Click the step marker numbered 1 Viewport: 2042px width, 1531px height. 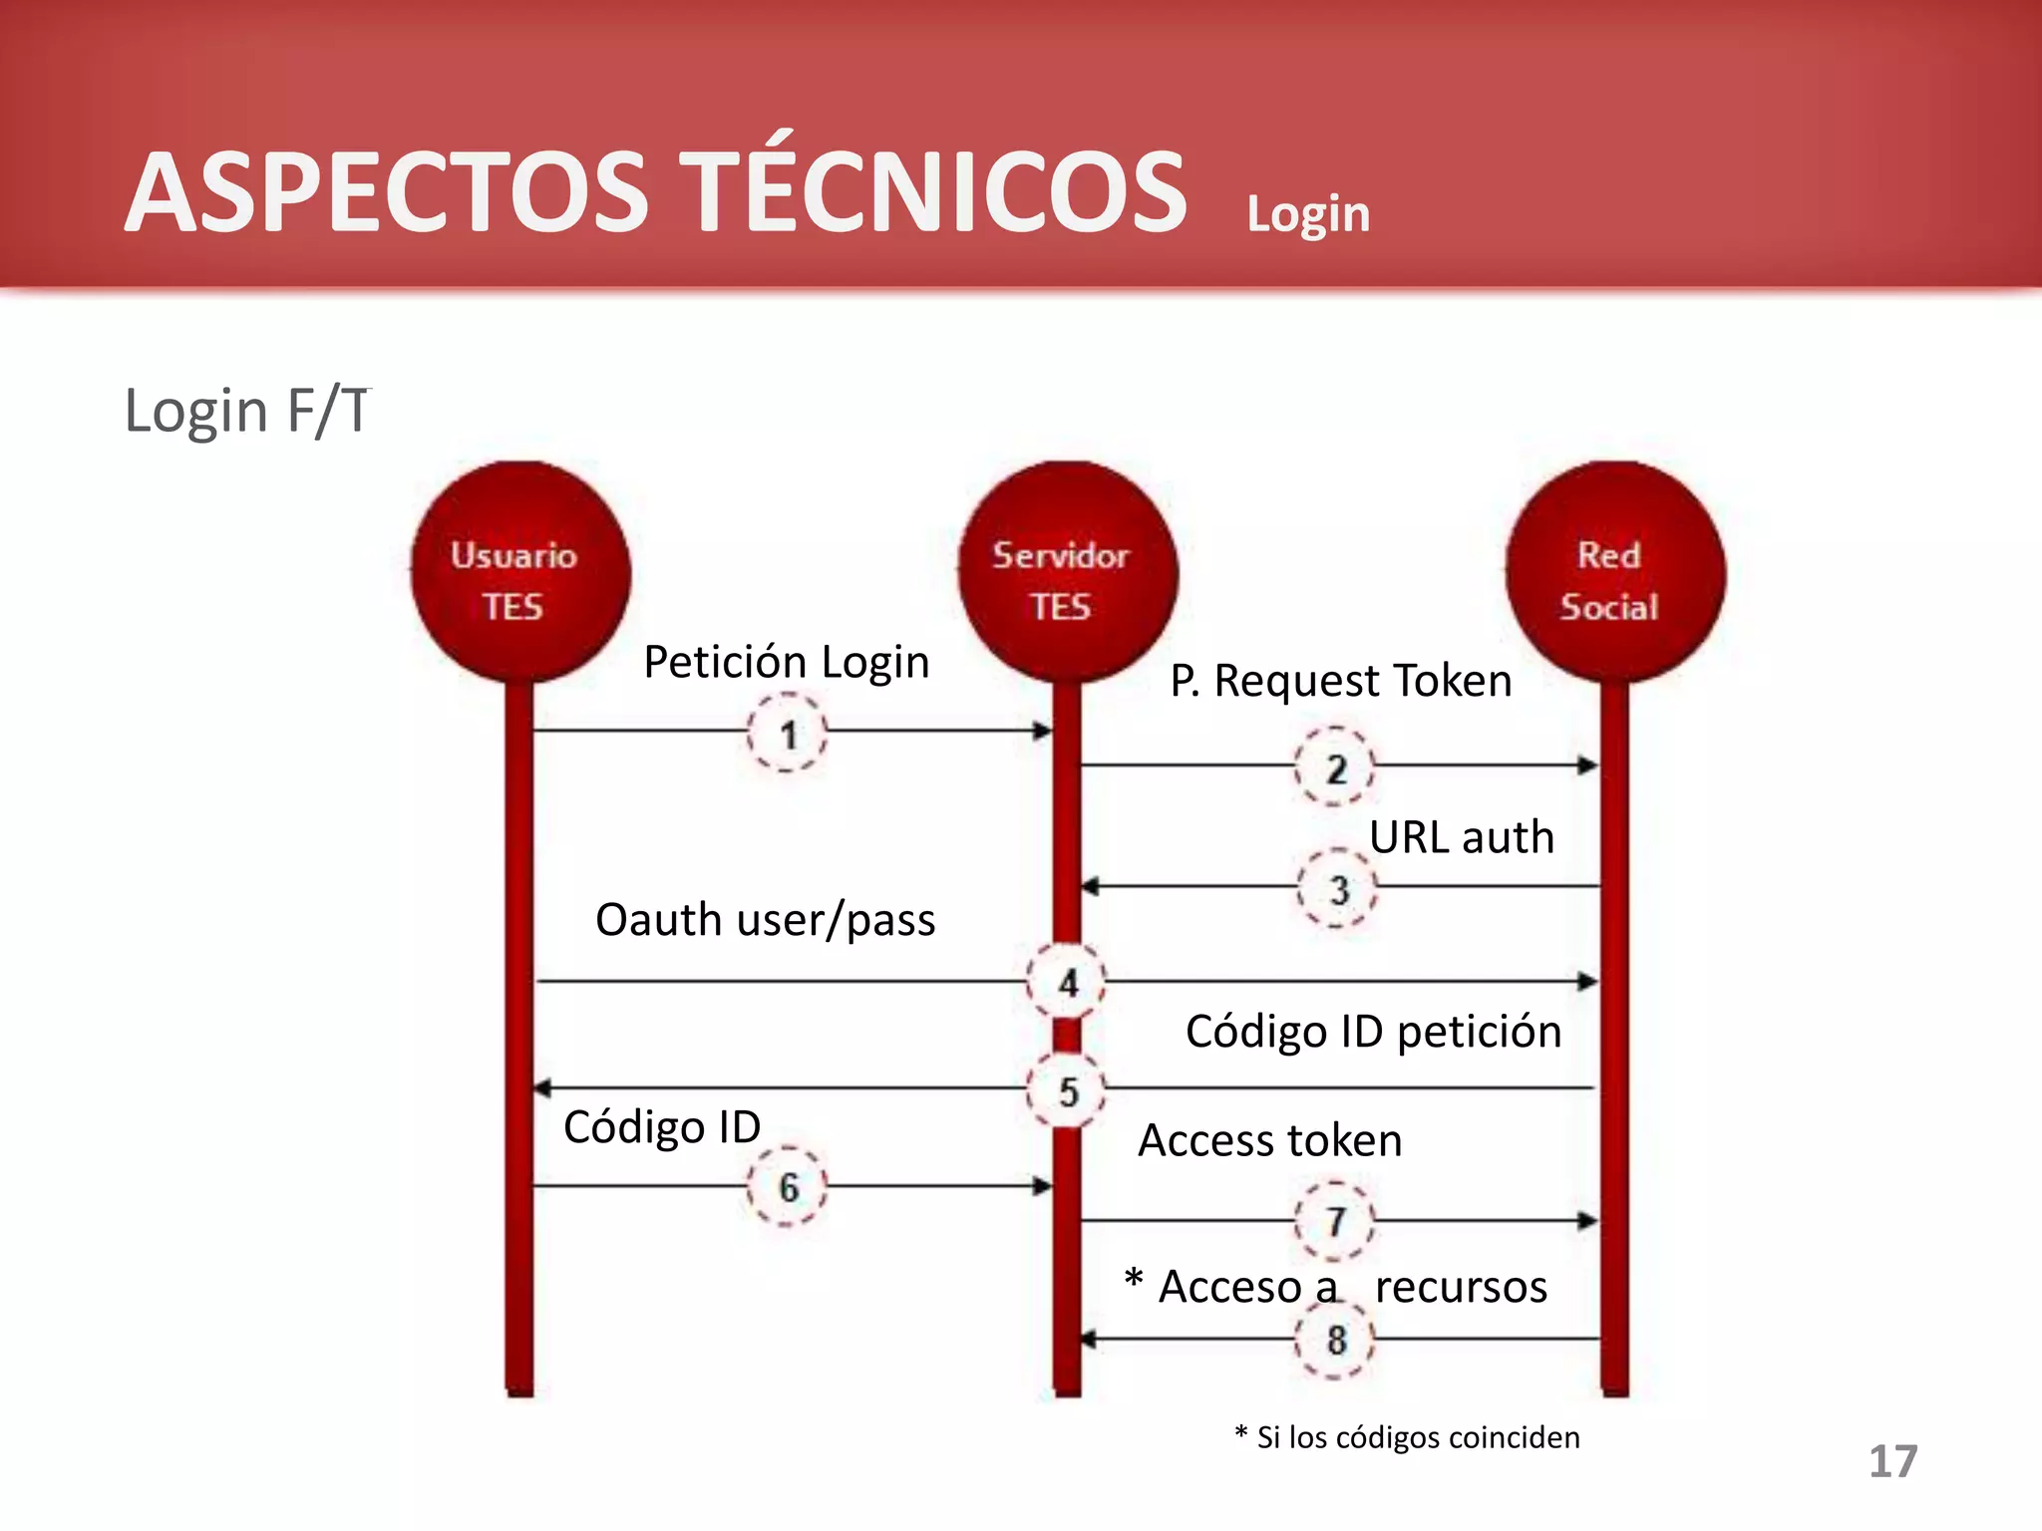tap(788, 734)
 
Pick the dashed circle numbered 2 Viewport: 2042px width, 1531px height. tap(1335, 767)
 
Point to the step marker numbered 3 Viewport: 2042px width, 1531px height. tap(1337, 888)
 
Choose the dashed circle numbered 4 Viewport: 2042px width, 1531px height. tap(1067, 982)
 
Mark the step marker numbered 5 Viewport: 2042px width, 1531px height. tap(1067, 1090)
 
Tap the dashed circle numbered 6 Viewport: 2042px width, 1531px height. tap(788, 1186)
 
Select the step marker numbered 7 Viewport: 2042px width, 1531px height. tap(1335, 1221)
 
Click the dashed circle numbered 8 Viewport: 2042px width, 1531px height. tap(1335, 1340)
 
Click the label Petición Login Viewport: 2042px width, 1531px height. tap(786, 662)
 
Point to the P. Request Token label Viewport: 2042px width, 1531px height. tap(1340, 681)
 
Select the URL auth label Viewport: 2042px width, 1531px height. tap(1461, 837)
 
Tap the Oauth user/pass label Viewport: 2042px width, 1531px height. tap(765, 919)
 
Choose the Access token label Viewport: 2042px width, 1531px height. tap(1269, 1140)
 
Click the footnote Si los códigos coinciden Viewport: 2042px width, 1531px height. tap(1408, 1437)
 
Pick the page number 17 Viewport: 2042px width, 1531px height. tap(1891, 1461)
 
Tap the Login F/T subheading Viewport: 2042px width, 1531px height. tap(246, 411)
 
